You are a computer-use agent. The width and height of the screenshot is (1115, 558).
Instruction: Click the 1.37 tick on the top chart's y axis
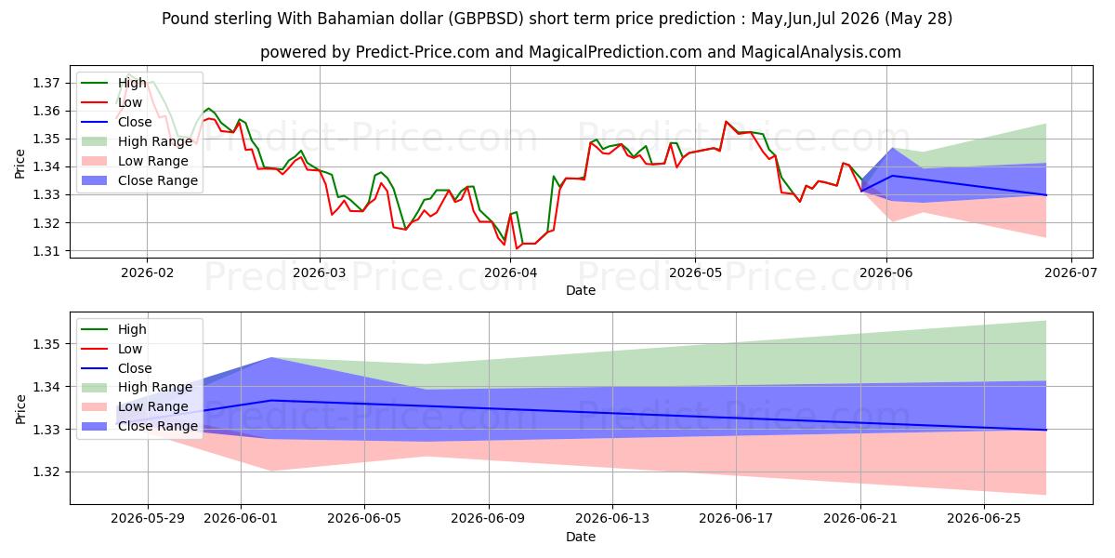[46, 83]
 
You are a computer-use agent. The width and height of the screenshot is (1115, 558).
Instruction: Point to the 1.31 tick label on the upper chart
[46, 251]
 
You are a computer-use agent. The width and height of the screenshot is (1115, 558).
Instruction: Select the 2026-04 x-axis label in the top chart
[511, 273]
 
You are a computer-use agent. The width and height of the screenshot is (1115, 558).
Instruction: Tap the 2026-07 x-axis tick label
[1070, 273]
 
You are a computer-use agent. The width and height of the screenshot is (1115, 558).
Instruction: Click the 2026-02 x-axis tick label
[148, 273]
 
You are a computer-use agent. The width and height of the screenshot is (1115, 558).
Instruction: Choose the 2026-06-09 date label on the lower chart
[489, 519]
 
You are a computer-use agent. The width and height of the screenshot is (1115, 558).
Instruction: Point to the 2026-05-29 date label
[148, 519]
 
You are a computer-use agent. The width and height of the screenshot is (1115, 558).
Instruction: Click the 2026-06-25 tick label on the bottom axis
[984, 519]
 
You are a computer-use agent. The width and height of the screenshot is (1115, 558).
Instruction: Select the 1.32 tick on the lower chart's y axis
[46, 472]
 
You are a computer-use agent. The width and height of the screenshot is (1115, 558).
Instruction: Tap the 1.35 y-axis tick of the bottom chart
[46, 344]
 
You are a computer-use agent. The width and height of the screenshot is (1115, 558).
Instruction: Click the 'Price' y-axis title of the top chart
[20, 164]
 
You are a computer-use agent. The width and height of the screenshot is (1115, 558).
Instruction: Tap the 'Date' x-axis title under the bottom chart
[581, 537]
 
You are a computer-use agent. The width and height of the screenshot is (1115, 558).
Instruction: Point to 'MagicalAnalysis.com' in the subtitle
[821, 52]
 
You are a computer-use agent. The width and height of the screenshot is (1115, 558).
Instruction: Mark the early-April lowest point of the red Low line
[517, 248]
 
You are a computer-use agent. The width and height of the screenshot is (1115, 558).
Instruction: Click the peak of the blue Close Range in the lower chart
[271, 358]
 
